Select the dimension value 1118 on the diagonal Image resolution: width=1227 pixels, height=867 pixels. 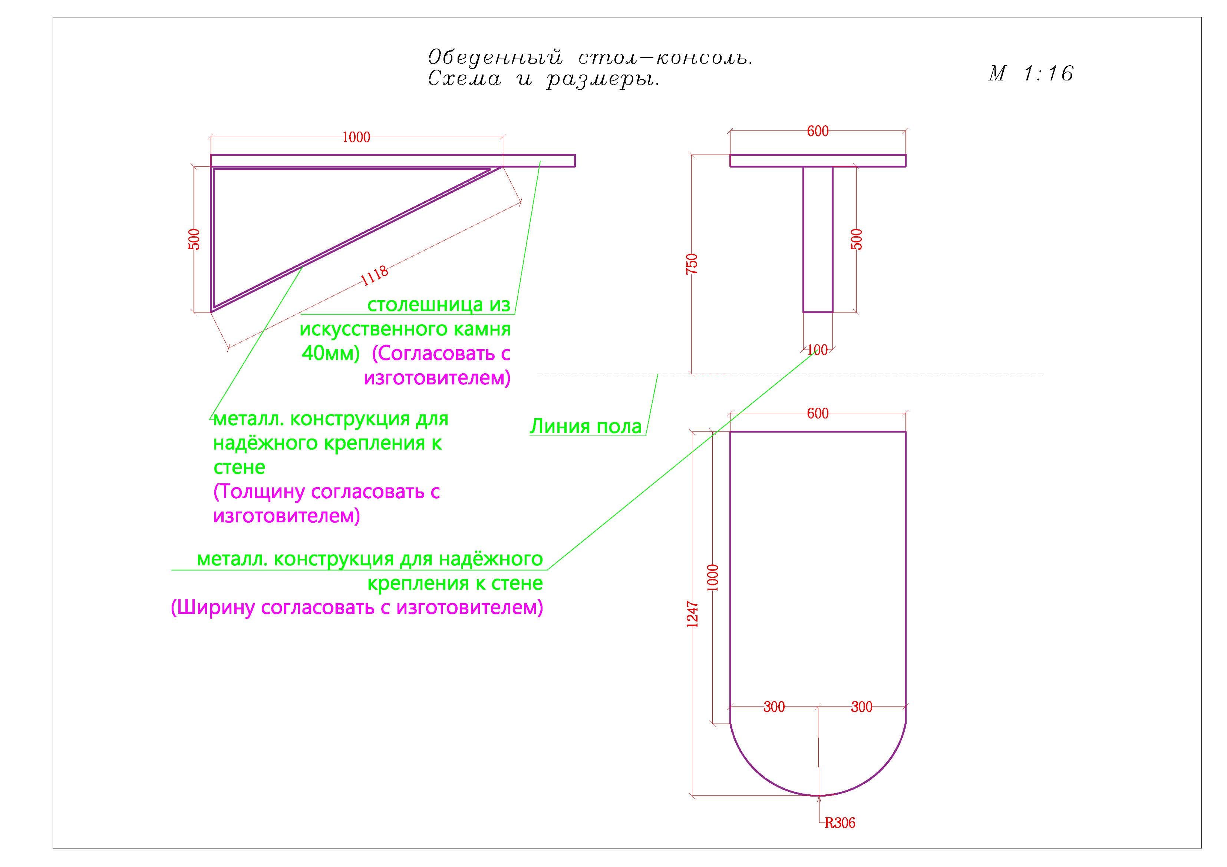pos(375,275)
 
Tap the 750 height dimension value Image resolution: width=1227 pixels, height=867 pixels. pos(692,264)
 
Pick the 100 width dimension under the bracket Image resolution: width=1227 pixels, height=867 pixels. pos(818,350)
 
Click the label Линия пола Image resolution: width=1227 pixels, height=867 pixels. pos(586,426)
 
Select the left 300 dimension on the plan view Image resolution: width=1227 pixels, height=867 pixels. pos(774,707)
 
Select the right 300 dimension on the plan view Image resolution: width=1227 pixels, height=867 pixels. pos(861,707)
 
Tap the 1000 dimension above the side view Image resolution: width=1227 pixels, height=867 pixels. pos(356,137)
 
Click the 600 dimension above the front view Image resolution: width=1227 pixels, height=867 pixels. pos(818,131)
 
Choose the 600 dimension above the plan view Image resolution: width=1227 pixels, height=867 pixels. pos(818,413)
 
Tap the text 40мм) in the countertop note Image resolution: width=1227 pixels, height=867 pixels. pos(331,353)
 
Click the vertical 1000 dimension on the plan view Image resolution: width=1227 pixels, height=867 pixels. pos(713,578)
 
